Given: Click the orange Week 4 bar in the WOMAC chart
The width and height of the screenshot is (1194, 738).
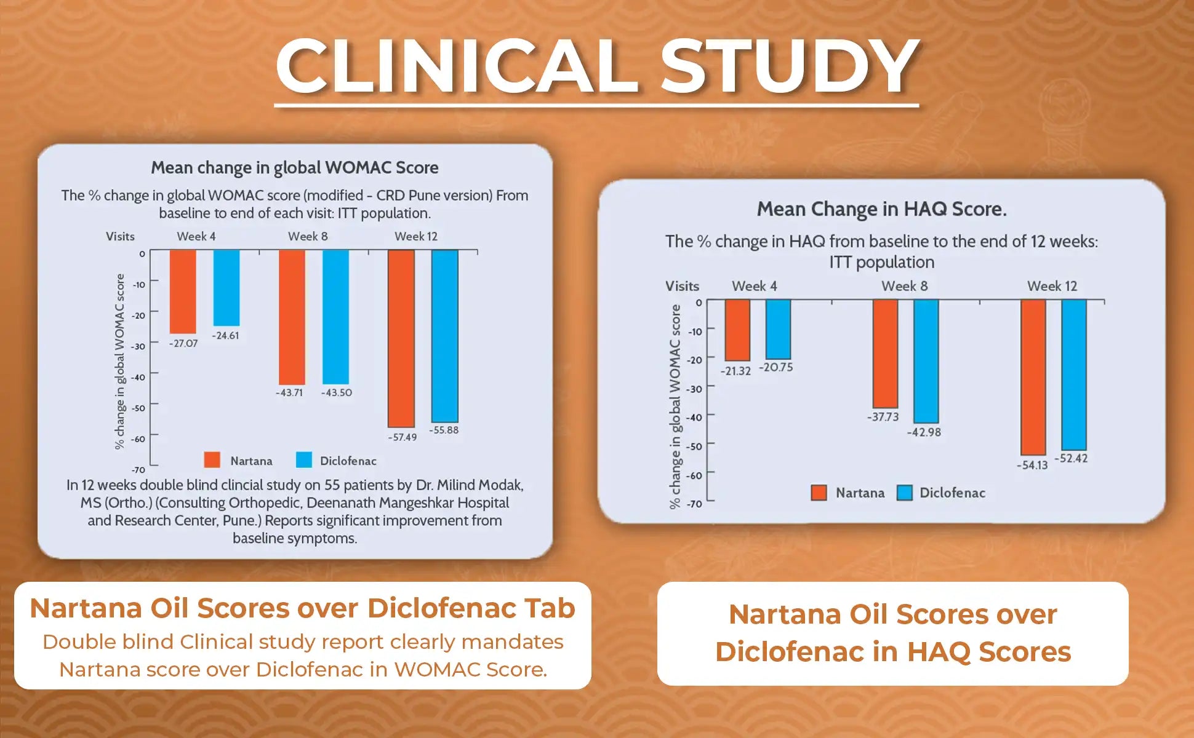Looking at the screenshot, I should (x=183, y=292).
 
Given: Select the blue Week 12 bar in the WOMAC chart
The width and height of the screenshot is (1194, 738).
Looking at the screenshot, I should (x=444, y=336).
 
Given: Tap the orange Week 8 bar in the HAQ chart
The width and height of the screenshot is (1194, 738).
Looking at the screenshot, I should (x=885, y=354).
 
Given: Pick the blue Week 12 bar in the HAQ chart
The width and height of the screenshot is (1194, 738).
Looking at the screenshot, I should (x=1073, y=375).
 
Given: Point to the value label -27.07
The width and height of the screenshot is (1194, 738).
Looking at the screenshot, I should (x=183, y=343).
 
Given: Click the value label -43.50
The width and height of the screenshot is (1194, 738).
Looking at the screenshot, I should (x=337, y=392).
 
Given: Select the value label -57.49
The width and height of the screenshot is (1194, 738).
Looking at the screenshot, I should (x=402, y=437).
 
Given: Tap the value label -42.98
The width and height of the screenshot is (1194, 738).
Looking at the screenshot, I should (x=924, y=432).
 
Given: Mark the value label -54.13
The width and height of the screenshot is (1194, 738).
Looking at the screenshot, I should (x=1032, y=465).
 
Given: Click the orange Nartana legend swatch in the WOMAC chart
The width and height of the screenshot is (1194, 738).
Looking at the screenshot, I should (x=212, y=460).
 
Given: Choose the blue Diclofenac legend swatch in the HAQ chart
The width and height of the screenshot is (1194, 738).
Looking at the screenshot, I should (x=904, y=493).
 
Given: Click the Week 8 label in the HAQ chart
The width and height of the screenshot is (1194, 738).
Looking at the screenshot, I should (x=904, y=286).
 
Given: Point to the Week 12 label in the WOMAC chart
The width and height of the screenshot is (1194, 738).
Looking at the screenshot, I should (x=416, y=237).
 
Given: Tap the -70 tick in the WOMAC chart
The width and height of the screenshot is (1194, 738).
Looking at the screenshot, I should (x=138, y=470).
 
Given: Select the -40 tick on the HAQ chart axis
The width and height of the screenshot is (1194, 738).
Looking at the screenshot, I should (x=694, y=417).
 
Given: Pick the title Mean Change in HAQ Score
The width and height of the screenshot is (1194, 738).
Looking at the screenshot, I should (x=881, y=209).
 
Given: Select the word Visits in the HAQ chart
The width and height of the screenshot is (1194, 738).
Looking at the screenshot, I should (x=682, y=286).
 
